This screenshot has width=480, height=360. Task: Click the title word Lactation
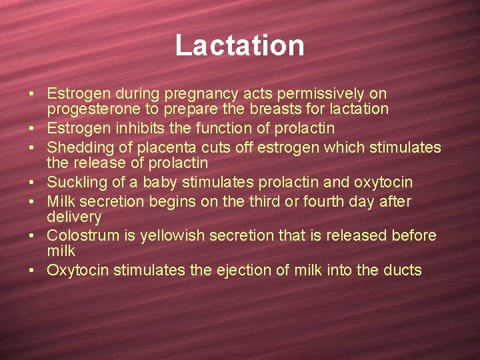click(x=240, y=45)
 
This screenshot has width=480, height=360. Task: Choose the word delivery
click(x=74, y=217)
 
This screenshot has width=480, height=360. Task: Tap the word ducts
click(x=403, y=270)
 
